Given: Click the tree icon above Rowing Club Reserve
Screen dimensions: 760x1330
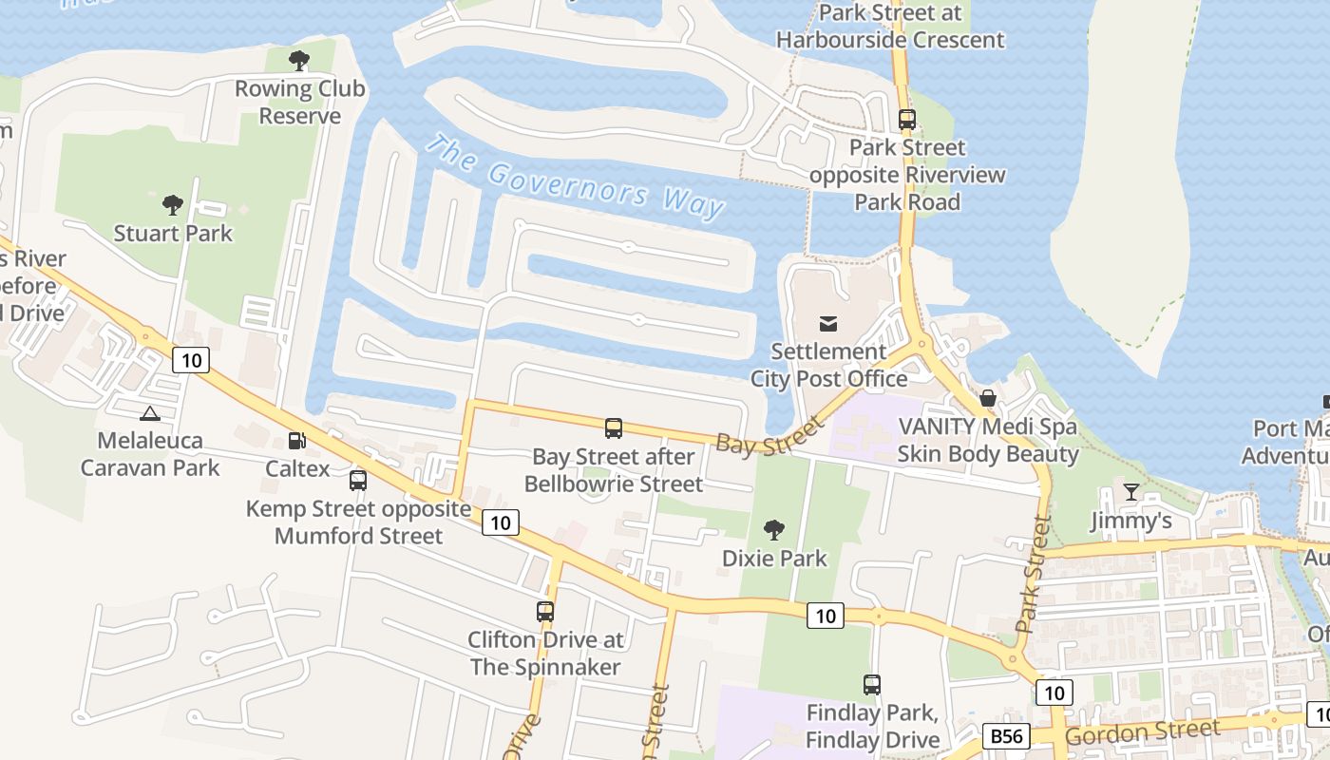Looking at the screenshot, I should pos(299,62).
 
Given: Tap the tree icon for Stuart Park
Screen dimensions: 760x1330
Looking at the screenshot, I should pos(172,204).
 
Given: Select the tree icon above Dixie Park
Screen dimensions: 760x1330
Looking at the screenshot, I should pos(774,530).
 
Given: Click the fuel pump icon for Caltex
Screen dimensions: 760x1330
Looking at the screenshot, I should pos(297,441).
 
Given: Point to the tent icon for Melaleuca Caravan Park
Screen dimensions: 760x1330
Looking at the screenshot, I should pos(149,413).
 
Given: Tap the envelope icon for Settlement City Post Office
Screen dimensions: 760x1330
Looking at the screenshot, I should pos(828,323).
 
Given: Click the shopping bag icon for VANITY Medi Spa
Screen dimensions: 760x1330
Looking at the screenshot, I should pos(988,398).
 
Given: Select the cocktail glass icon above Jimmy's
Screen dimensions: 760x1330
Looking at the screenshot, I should pos(1130,492).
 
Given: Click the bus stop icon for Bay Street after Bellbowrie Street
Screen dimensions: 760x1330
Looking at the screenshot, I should pos(614,428).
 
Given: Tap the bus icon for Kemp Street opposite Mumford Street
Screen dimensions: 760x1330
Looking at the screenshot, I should pos(357,481).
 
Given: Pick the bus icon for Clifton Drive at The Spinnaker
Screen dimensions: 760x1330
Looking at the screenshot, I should pos(545,612).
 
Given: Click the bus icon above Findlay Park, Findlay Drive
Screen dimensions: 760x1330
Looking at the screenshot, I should pos(871,684).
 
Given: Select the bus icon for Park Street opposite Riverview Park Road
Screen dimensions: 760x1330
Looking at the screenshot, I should pos(907,120).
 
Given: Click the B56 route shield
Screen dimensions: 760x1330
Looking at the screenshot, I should pos(1006,735).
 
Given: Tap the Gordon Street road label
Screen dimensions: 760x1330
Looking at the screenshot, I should pos(1142,733).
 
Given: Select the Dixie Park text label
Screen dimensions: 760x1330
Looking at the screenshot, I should pos(774,559).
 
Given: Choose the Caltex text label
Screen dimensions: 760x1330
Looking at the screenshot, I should pos(297,468).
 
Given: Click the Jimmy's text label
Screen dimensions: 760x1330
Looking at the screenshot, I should pos(1130,521).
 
